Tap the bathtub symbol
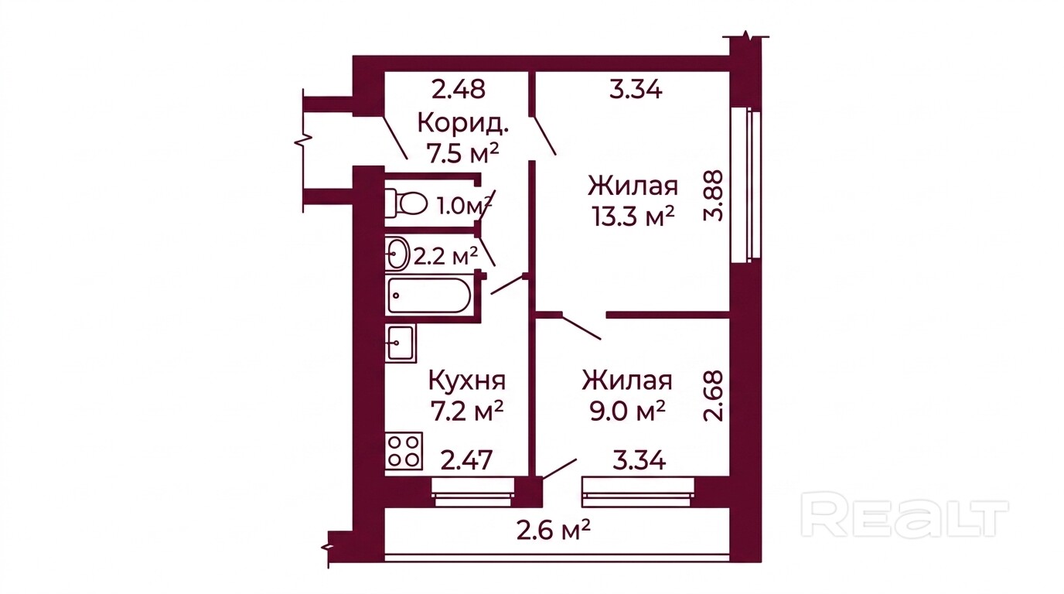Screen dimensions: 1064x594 429,295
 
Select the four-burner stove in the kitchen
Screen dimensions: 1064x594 404,451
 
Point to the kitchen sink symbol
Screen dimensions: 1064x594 401,343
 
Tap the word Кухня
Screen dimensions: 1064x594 467,381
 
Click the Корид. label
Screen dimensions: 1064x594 463,125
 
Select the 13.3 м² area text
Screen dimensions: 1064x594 633,217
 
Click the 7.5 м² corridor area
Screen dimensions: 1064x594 463,153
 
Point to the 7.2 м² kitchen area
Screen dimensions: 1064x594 467,411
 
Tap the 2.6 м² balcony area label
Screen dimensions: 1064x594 554,529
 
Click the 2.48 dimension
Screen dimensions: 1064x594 459,90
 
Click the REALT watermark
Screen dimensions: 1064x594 905,518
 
